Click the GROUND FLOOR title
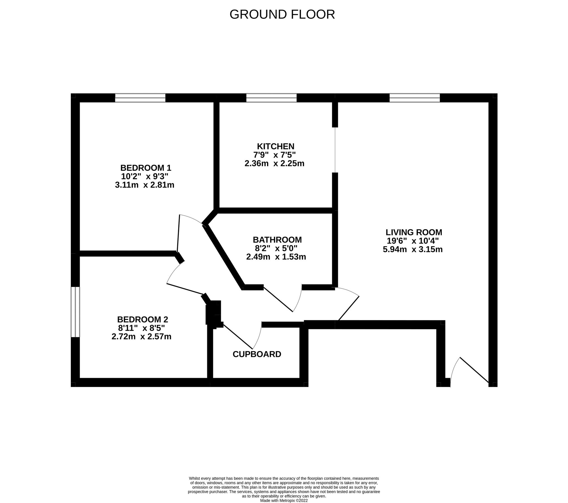(x=282, y=15)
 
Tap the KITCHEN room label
(x=275, y=146)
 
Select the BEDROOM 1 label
(x=145, y=168)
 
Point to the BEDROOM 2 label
(x=142, y=319)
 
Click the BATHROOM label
(x=277, y=240)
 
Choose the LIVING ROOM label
(x=414, y=232)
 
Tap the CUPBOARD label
(x=257, y=354)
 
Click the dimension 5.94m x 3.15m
(x=413, y=249)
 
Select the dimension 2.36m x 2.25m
(x=274, y=163)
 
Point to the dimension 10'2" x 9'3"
(x=145, y=176)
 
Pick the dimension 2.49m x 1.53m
(x=276, y=257)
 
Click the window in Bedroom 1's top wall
(x=140, y=98)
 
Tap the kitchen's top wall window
(x=271, y=98)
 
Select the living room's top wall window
(x=414, y=98)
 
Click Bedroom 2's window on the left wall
(x=75, y=312)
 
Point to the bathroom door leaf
(x=278, y=299)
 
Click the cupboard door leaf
(x=238, y=336)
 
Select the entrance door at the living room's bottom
(x=474, y=370)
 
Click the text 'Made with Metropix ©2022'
(x=284, y=500)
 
